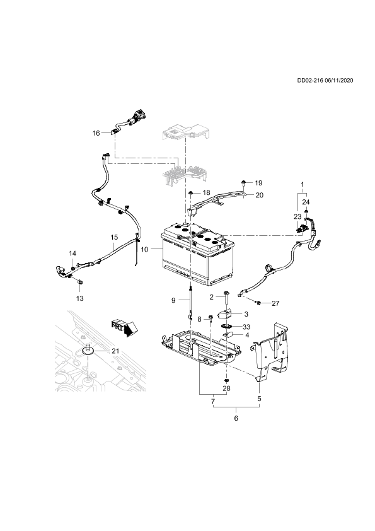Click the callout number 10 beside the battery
tap(144, 250)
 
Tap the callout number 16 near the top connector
tap(96, 133)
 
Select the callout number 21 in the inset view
tap(115, 351)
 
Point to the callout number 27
tap(275, 303)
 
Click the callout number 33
tap(246, 327)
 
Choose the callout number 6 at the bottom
tap(236, 418)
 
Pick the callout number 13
tap(80, 298)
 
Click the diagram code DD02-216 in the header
tap(310, 80)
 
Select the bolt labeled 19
tap(244, 185)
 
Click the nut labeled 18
tap(191, 193)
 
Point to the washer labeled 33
tap(227, 327)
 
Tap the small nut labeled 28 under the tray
tap(227, 380)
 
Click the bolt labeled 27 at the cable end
tap(258, 302)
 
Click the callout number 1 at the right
tap(303, 185)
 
